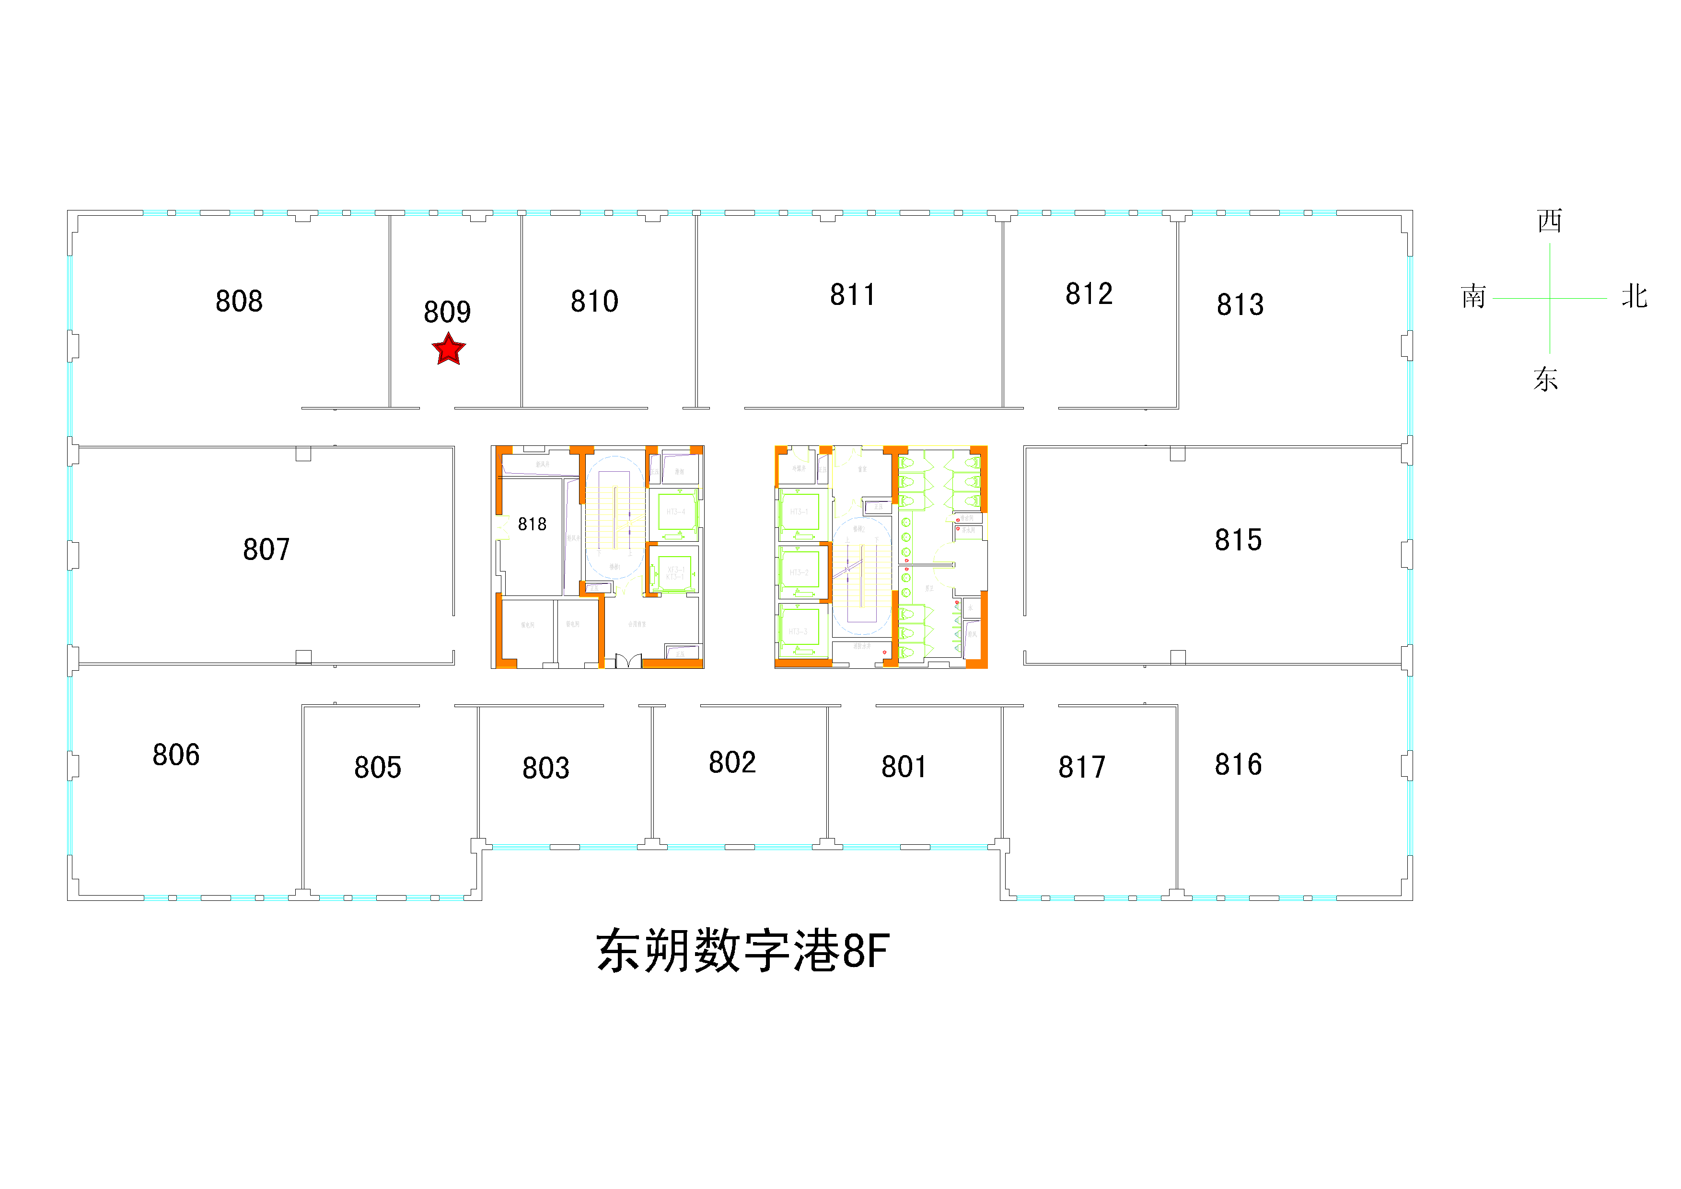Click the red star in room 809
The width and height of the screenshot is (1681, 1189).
point(448,349)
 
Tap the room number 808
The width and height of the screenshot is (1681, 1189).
point(239,301)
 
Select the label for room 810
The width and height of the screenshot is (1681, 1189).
point(594,302)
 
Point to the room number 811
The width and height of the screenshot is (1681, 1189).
point(852,295)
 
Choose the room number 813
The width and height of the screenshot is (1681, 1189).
point(1240,304)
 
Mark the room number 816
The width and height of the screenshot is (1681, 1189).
point(1238,764)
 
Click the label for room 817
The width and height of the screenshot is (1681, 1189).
point(1081,767)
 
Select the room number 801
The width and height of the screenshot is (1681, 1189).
point(904,767)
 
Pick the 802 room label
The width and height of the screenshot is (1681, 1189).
point(731,762)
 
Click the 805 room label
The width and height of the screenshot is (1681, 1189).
point(377,767)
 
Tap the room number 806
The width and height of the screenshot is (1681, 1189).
point(176,755)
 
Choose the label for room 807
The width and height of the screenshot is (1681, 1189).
point(266,549)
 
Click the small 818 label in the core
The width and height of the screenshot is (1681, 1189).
point(532,524)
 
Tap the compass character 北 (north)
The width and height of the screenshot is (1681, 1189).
point(1634,296)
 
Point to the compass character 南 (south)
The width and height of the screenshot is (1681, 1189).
point(1473,296)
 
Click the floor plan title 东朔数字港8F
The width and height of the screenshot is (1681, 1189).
point(742,951)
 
